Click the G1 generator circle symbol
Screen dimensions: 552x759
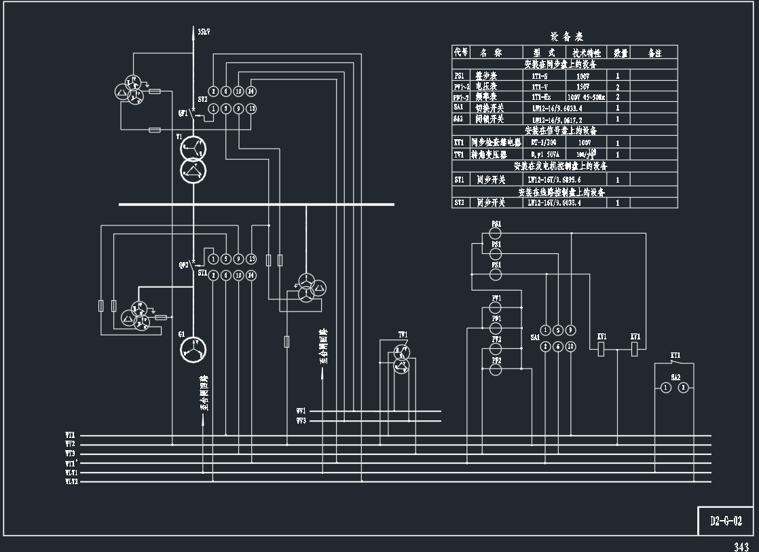(x=193, y=349)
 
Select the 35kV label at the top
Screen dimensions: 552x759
(x=203, y=32)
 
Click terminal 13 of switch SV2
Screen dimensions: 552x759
(x=251, y=108)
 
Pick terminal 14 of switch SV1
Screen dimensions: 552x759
(x=251, y=275)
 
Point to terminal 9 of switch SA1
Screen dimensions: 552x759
(x=570, y=330)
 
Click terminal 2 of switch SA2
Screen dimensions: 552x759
(x=684, y=388)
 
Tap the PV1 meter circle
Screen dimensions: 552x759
(x=496, y=309)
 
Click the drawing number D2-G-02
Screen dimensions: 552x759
(x=726, y=521)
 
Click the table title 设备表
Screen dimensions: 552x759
(x=566, y=37)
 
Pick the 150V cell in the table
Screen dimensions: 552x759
(x=582, y=87)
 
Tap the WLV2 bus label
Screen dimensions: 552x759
(x=71, y=481)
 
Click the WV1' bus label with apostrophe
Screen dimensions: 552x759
(x=71, y=463)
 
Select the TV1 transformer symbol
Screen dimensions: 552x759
(x=402, y=358)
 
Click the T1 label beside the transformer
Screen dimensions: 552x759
(x=179, y=137)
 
